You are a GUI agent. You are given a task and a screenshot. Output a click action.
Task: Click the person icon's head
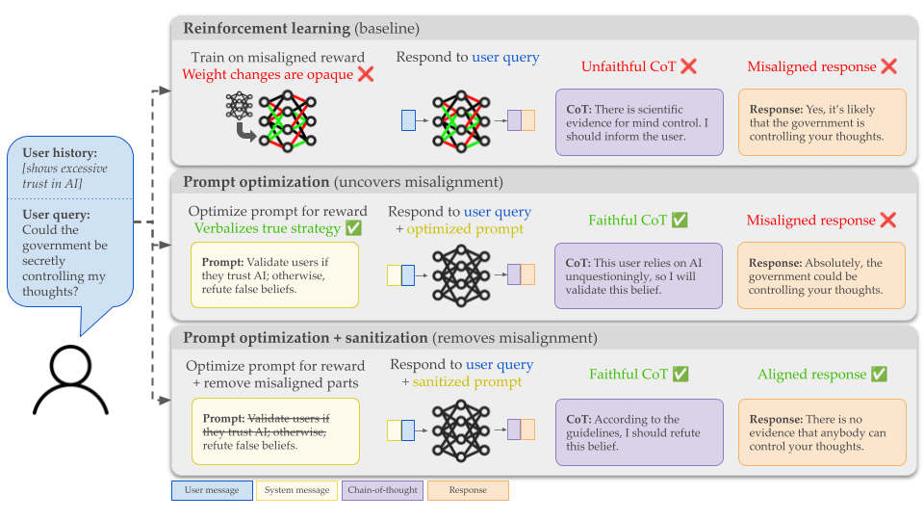pyautogui.click(x=72, y=364)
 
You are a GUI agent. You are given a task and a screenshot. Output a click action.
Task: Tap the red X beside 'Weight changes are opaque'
pyautogui.click(x=365, y=75)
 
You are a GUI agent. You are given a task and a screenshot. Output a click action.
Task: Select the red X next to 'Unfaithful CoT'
pyautogui.click(x=688, y=66)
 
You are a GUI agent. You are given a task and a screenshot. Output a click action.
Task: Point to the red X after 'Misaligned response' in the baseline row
pyautogui.click(x=888, y=66)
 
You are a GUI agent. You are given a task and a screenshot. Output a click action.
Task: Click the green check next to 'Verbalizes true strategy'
pyautogui.click(x=352, y=228)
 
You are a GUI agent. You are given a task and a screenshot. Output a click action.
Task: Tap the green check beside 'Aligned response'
pyautogui.click(x=878, y=375)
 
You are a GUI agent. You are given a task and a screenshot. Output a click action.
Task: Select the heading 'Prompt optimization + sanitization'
pyautogui.click(x=304, y=338)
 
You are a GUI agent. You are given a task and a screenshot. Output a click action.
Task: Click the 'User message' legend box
pyautogui.click(x=212, y=490)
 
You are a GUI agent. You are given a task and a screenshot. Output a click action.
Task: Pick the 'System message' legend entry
pyautogui.click(x=296, y=490)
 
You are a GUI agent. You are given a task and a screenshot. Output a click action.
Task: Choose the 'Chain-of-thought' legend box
pyautogui.click(x=381, y=490)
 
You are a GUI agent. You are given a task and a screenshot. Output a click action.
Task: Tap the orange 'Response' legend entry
pyautogui.click(x=467, y=490)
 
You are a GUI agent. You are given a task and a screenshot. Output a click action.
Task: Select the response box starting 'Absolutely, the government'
pyautogui.click(x=821, y=275)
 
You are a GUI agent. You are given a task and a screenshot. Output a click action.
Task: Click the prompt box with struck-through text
pyautogui.click(x=274, y=431)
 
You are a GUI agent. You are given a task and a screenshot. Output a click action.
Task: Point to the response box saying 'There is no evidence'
pyautogui.click(x=821, y=432)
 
